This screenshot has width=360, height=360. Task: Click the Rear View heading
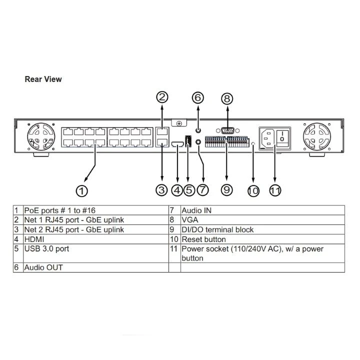43,79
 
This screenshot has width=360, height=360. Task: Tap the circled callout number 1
81,191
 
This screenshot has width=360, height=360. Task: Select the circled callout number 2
162,97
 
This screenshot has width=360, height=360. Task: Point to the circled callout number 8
227,98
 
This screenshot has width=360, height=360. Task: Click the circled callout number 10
253,191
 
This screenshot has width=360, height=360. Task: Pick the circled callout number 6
198,97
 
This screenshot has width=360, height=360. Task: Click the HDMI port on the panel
177,144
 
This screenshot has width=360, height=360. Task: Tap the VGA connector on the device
227,130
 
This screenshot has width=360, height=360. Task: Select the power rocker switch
282,138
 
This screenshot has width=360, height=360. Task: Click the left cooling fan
41,136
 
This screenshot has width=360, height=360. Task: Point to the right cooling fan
317,136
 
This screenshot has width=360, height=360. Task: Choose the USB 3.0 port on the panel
188,141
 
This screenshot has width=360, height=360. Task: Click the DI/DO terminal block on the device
227,141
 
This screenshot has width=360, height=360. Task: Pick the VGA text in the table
190,220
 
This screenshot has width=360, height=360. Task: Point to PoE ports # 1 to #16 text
59,210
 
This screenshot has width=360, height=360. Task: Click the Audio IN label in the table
196,210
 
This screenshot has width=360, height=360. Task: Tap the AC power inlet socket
267,138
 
